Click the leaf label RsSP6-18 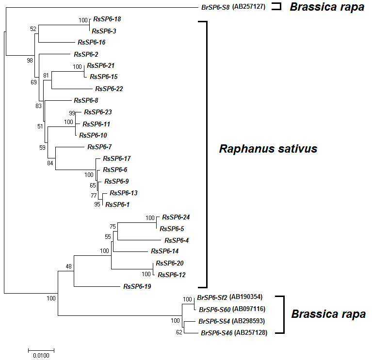107,19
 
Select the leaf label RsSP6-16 92,42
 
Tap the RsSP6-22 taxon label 109,89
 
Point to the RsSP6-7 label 99,147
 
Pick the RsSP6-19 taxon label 137,286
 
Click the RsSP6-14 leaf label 165,251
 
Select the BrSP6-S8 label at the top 215,7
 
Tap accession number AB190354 246,297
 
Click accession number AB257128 251,333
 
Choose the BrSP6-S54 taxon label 214,321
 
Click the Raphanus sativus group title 268,149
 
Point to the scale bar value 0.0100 41,356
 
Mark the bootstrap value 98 30,61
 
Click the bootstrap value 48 68,266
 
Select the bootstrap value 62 179,332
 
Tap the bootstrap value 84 50,163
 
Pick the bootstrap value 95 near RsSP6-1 97,204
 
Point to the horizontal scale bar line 41,350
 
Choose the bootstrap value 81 46,76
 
